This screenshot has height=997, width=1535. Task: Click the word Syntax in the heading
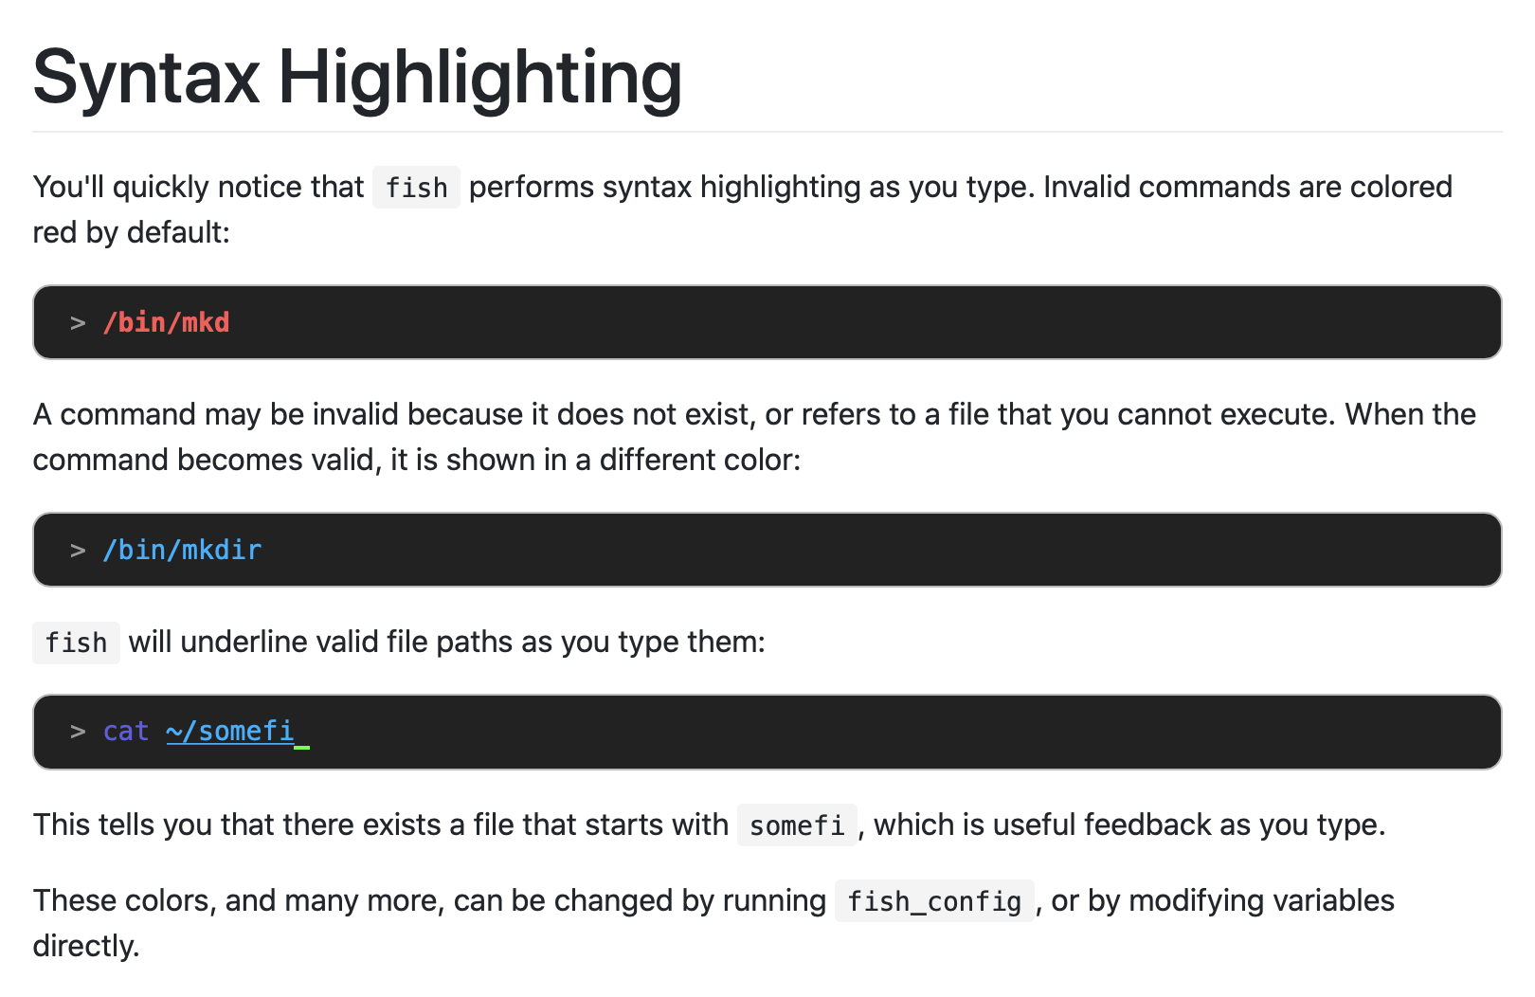pos(146,79)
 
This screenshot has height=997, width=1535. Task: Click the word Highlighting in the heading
pos(479,79)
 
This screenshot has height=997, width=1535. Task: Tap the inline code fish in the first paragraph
pos(416,188)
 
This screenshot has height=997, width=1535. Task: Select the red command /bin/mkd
pos(167,323)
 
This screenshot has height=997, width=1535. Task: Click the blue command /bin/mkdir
pos(182,551)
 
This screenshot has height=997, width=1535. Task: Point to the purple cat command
pos(126,732)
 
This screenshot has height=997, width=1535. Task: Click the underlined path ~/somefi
pos(229,732)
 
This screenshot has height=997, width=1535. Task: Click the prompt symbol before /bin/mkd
pos(78,324)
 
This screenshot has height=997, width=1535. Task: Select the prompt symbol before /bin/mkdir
pos(78,552)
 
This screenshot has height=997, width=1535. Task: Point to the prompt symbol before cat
pos(78,733)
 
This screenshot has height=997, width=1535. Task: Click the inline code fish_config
pos(934,901)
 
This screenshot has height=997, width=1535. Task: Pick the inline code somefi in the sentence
pos(797,825)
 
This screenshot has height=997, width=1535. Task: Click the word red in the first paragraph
pos(55,233)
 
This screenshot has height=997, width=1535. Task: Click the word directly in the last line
pos(85,946)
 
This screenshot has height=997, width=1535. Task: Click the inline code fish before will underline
pos(76,644)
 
